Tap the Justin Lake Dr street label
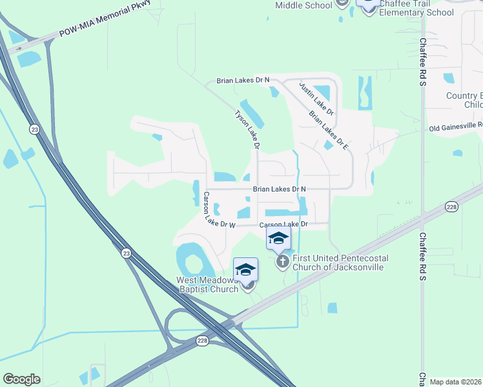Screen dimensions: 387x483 coord(316,97)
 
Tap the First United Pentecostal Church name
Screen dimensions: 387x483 coord(340,263)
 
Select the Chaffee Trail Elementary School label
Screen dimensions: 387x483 coord(416,8)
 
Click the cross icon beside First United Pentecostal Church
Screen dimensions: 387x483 coord(282,262)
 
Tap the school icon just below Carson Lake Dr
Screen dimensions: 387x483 coord(278,238)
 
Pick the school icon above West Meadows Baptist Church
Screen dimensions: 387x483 coord(246,270)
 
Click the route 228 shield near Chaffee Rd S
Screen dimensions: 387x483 coord(451,206)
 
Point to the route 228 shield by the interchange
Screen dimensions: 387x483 coord(202,341)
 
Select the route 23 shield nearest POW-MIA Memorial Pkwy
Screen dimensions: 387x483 coord(33,130)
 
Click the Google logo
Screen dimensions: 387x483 coord(21,379)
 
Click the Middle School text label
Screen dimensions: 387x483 coord(303,5)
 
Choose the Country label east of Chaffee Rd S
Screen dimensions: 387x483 coord(464,95)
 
